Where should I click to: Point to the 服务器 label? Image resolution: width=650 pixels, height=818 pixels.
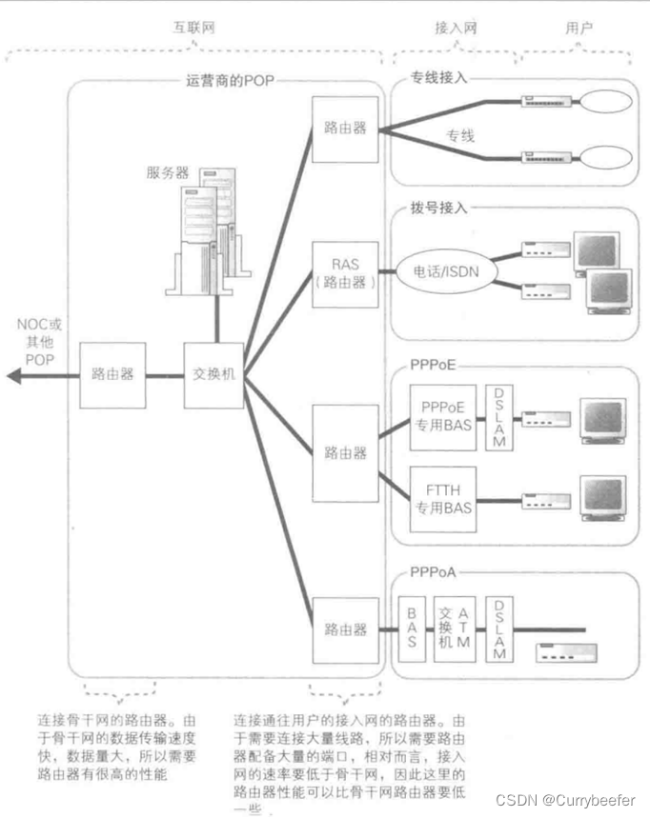point(167,172)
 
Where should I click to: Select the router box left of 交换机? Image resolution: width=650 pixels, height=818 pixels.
point(113,375)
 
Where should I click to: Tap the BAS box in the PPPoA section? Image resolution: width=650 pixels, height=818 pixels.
point(412,628)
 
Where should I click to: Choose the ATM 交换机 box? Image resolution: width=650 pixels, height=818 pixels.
point(453,628)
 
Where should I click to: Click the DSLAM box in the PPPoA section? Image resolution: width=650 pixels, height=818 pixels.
point(498,628)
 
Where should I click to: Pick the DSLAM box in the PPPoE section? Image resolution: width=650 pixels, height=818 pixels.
point(498,419)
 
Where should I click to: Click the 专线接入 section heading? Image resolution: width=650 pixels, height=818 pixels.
point(439,78)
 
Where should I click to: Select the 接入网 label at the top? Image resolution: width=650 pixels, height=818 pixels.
point(455,29)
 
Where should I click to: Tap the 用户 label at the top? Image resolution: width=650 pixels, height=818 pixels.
point(579,29)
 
